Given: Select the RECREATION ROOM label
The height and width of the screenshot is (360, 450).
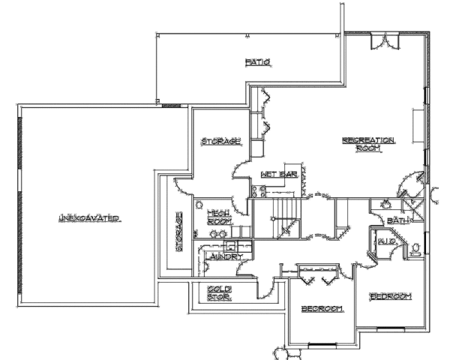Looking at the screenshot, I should (x=368, y=144).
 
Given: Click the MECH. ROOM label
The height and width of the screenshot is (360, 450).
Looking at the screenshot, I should (x=219, y=217).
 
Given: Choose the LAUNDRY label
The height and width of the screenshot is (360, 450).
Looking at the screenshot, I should (x=223, y=256).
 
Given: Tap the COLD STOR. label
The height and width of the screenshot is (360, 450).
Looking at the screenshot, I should (x=219, y=292).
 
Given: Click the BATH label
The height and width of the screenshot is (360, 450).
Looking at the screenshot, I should (x=397, y=220).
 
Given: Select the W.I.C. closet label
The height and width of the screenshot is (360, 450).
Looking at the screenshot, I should (x=386, y=241).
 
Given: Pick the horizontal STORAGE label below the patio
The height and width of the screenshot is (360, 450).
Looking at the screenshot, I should (x=221, y=141).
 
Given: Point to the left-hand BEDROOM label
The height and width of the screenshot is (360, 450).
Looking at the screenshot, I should (x=322, y=308).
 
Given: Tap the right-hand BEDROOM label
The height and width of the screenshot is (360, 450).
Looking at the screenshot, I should (x=391, y=296).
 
